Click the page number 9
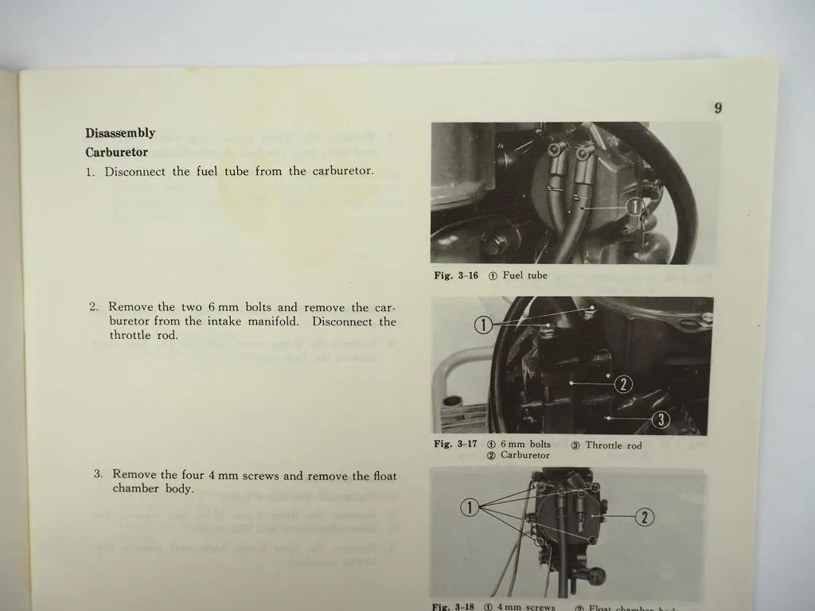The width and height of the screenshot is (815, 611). point(718,109)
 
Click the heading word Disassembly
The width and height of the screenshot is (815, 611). point(120,133)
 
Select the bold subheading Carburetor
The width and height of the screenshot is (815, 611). point(116,152)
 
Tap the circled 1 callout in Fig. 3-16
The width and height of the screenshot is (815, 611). point(634,208)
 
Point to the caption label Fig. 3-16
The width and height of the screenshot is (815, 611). point(455,276)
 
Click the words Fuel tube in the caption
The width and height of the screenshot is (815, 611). point(524,276)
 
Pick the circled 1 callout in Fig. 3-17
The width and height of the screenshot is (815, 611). point(482,324)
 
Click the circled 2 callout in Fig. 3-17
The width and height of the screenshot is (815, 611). point(625,384)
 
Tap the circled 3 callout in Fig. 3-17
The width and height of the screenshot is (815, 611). point(661,419)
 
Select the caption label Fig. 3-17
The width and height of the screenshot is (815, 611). point(454,445)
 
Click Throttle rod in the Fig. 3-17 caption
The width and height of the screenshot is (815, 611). point(614,446)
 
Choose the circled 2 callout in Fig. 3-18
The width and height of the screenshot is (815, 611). point(645,518)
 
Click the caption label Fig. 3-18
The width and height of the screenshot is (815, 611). point(453,607)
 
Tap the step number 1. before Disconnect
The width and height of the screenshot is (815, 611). point(91,172)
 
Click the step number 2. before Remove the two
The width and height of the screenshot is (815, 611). point(94,307)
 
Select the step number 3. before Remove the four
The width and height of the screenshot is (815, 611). point(98,475)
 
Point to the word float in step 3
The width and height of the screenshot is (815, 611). point(384,475)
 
